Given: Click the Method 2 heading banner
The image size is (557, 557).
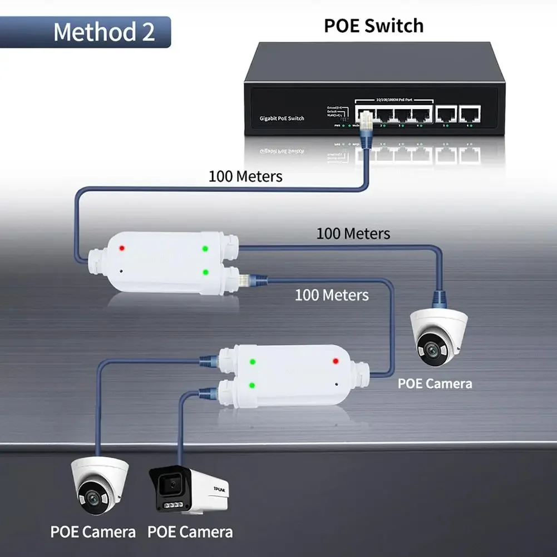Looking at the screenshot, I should tap(103, 32).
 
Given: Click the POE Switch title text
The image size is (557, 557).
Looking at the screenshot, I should tap(374, 26).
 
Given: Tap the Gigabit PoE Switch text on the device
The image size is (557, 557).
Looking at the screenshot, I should tap(282, 119).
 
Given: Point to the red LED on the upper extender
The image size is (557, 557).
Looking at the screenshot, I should tap(122, 248).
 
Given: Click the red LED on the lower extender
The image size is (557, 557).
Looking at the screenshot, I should tap(336, 361).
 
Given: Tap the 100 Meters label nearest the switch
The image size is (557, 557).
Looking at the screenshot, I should tap(245, 176).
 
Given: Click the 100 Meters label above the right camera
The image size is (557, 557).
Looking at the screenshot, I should tap(353, 233).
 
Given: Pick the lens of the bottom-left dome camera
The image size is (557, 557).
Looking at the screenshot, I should tap(90, 499).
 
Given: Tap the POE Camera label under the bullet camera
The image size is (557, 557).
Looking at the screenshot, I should tap(190, 531).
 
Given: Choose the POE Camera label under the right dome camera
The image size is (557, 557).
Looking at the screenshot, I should tap(435, 383).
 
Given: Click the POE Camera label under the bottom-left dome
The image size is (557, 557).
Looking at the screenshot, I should tap(93, 531).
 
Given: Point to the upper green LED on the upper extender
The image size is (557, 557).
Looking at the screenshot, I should tap(205, 249).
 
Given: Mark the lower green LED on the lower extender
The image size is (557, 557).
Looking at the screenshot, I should tap(252, 385).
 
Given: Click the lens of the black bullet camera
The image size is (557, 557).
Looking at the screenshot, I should tap(174, 485).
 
